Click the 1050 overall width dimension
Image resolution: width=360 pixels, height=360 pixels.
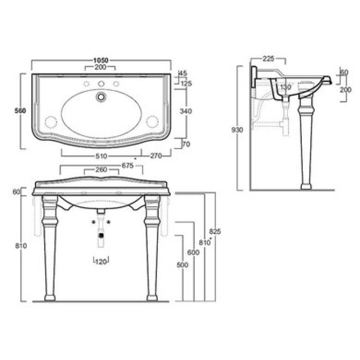pyautogui.click(x=101, y=61)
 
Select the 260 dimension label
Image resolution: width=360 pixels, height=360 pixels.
pyautogui.click(x=101, y=171)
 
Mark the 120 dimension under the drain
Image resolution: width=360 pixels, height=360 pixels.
pyautogui.click(x=101, y=262)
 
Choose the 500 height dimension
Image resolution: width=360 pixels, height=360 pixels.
pyautogui.click(x=181, y=265)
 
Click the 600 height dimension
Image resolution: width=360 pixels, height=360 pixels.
pyautogui.click(x=192, y=252)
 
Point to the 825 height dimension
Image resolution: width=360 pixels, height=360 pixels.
pyautogui.click(x=215, y=232)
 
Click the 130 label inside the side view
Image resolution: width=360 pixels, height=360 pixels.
pyautogui.click(x=286, y=87)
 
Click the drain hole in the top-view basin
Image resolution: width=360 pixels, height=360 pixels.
pyautogui.click(x=101, y=96)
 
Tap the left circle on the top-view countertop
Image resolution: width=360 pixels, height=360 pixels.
pyautogui.click(x=51, y=121)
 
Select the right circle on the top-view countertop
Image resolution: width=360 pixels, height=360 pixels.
pyautogui.click(x=152, y=121)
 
